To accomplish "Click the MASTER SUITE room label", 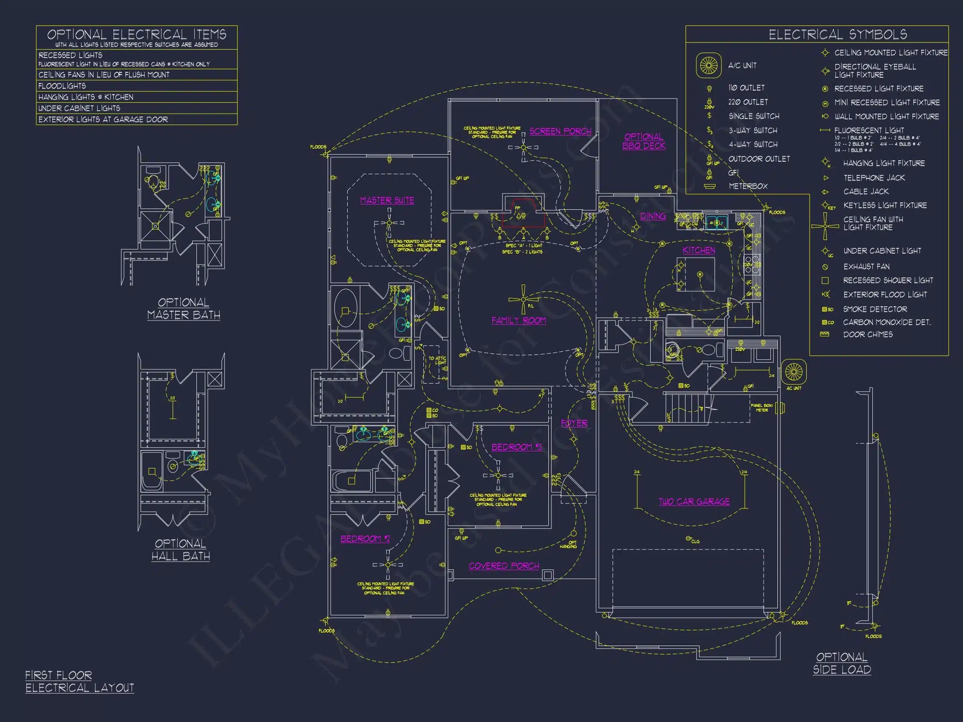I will tap(387, 200).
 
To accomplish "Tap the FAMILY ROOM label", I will tap(519, 320).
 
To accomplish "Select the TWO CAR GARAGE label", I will tap(694, 501).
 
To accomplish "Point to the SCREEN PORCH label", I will tap(560, 131).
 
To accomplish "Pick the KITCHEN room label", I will tap(698, 250).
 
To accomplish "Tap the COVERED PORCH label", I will tap(504, 566).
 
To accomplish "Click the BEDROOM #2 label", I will tap(365, 539).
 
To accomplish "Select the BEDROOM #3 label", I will tap(516, 447).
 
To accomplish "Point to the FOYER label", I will tap(574, 423).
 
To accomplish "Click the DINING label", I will tap(652, 216).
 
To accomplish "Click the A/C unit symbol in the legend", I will tap(708, 66).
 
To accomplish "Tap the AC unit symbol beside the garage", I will tap(793, 372).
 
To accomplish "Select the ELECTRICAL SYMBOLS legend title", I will tap(838, 34).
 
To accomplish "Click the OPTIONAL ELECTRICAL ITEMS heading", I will tap(136, 34).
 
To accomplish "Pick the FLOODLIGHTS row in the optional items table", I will tap(62, 86).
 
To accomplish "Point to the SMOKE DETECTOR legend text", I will tap(875, 309).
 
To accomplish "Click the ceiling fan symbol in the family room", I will tap(523, 300).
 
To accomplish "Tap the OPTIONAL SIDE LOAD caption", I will tap(841, 663).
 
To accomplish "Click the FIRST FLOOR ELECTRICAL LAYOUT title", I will tap(80, 681).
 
